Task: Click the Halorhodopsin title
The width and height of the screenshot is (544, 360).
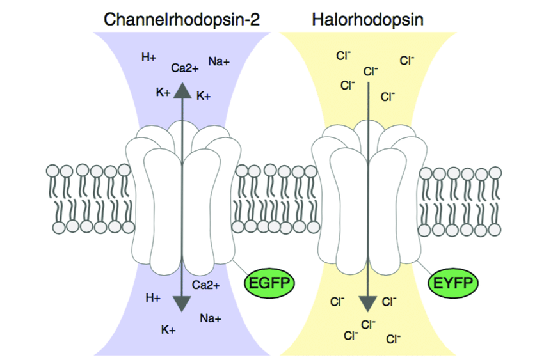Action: [x=367, y=19]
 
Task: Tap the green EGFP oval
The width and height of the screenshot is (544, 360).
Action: [x=269, y=283]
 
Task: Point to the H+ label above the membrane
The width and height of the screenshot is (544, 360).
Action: [x=149, y=58]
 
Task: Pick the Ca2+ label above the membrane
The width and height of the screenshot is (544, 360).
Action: [x=184, y=67]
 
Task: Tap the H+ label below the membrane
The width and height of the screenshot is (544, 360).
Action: [x=153, y=297]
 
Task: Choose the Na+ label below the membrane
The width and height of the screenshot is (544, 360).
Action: [x=211, y=318]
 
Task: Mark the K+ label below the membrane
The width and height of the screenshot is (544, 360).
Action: [x=169, y=329]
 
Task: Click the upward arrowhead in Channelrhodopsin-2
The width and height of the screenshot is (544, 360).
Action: [x=184, y=90]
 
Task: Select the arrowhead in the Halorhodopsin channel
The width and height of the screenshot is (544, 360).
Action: [x=368, y=304]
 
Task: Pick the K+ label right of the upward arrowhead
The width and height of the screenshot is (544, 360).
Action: [x=204, y=96]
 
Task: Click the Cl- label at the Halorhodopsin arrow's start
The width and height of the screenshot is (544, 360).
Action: [x=370, y=72]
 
